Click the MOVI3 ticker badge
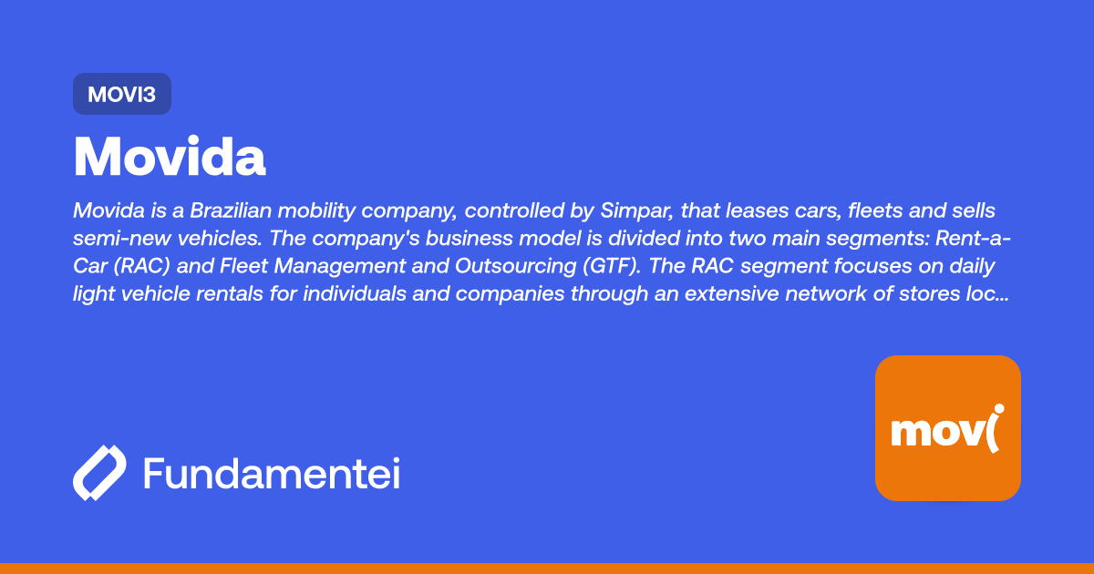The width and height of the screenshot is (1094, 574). [x=122, y=94]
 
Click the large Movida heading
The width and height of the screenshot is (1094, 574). [x=170, y=157]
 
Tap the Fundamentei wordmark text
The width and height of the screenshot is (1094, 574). [x=272, y=473]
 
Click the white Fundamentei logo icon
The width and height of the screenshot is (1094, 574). [x=99, y=473]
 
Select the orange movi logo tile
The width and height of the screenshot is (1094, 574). [x=948, y=428]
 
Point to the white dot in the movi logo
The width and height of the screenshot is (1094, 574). [x=999, y=408]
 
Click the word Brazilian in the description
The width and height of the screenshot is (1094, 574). [x=231, y=210]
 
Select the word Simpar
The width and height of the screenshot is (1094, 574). [x=637, y=211]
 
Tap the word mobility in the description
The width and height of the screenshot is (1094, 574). [x=316, y=211]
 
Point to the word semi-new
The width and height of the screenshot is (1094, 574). [x=121, y=239]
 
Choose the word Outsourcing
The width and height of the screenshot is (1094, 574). [x=515, y=266]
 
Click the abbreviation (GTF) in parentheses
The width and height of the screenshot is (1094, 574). [x=612, y=266]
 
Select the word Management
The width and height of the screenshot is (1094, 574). [x=339, y=266]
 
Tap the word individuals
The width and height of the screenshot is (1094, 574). [x=355, y=293]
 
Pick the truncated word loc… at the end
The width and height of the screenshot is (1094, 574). [x=987, y=293]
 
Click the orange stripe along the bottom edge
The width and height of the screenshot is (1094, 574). [x=547, y=569]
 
